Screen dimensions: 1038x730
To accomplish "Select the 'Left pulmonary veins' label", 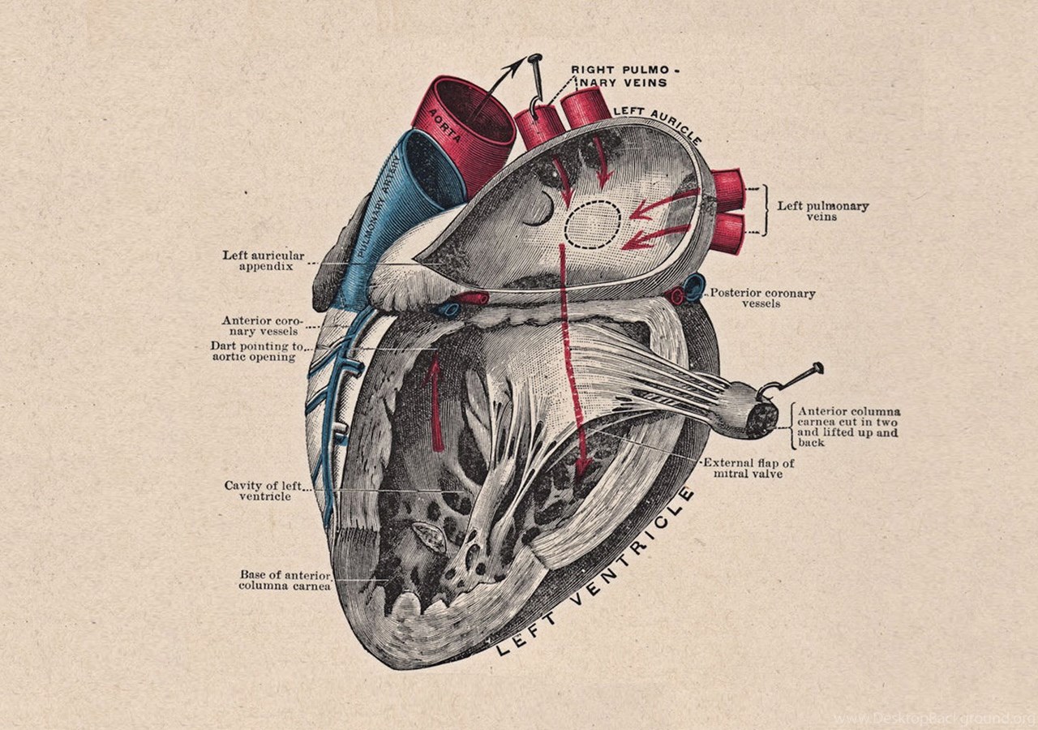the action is [822, 211].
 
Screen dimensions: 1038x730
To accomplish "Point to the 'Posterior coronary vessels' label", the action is [763, 298].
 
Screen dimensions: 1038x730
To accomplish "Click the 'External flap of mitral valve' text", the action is [748, 468].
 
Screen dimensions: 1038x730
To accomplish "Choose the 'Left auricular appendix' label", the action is [264, 260].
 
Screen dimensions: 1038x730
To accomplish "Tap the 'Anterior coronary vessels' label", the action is [262, 325].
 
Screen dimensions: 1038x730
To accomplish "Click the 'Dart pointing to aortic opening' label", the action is [257, 351].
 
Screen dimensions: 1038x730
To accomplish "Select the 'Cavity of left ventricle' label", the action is [264, 491].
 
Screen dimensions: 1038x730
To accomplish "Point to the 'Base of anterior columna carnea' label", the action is [285, 580].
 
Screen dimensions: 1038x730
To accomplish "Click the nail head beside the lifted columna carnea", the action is [817, 368].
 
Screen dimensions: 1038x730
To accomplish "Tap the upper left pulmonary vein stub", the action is [727, 191].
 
